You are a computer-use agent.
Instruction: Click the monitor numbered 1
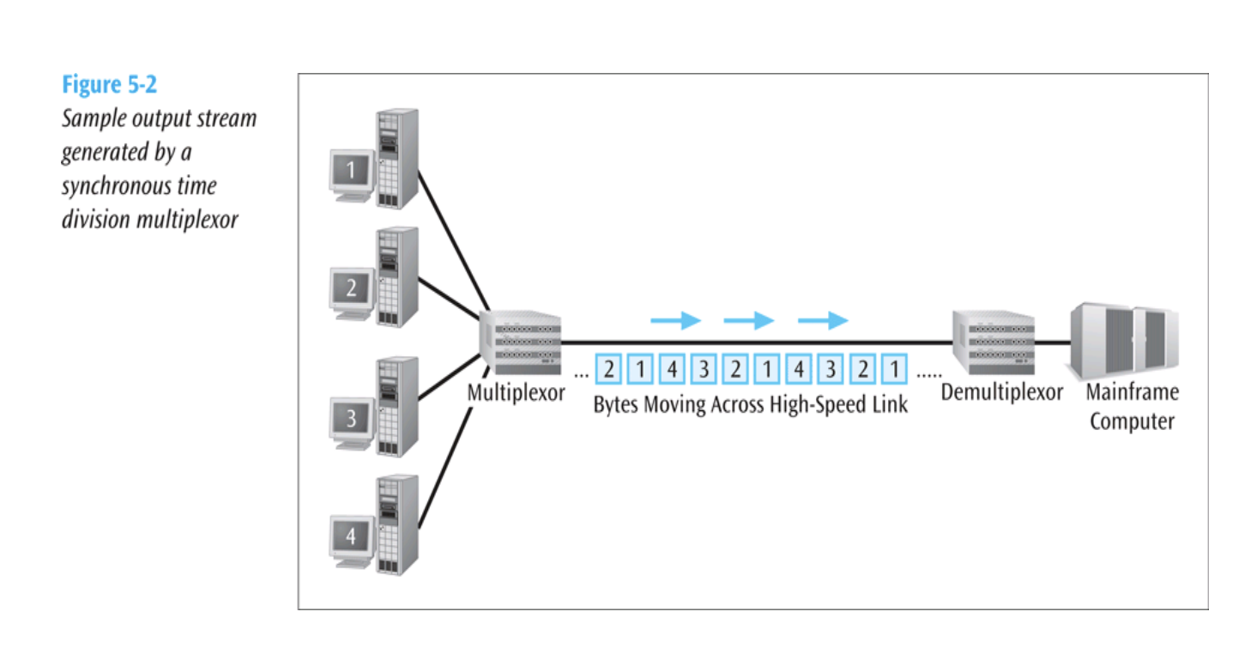[x=351, y=172]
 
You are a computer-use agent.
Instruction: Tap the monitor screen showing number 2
[x=351, y=290]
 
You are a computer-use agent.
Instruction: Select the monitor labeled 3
[x=351, y=420]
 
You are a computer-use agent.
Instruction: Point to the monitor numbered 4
[x=351, y=538]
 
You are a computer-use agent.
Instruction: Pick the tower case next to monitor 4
[x=396, y=524]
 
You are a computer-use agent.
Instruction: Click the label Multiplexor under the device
[x=517, y=393]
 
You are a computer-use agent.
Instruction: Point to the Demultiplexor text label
[x=1001, y=393]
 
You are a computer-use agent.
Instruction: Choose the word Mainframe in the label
[x=1132, y=393]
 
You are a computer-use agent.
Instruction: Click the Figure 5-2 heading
[x=109, y=85]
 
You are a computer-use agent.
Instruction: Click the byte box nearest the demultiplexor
[x=894, y=370]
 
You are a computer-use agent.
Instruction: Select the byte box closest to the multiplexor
[x=608, y=370]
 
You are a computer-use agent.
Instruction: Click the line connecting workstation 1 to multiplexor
[x=452, y=241]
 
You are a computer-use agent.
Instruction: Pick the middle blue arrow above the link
[x=748, y=321]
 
